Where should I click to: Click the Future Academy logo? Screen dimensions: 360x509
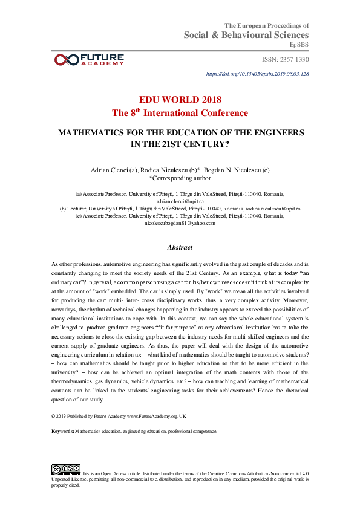click(89, 59)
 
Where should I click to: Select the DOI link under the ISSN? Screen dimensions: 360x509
click(258, 74)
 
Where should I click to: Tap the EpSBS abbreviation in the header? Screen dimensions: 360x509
click(299, 45)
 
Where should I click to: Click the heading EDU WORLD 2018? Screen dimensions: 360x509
click(180, 100)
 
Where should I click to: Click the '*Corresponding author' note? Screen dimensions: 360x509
click(180, 178)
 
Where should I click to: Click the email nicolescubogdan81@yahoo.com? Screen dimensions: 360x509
click(180, 223)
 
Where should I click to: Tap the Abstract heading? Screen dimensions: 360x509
click(180, 247)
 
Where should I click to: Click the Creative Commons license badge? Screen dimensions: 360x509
click(66, 469)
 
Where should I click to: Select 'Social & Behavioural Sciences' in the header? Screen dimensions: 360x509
click(246, 36)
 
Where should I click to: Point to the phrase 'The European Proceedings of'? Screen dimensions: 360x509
click(267, 25)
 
